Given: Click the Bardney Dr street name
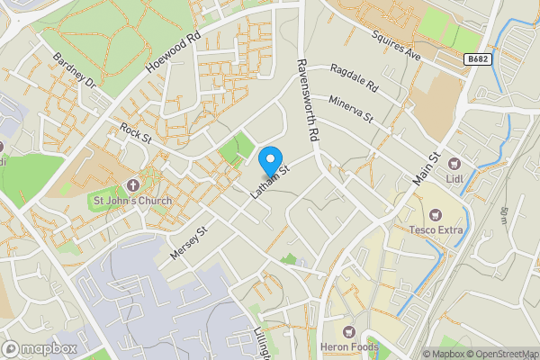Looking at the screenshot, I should pyautogui.click(x=73, y=68).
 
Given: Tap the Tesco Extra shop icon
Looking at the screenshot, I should pyautogui.click(x=436, y=214).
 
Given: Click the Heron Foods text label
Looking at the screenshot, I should pyautogui.click(x=349, y=347).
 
